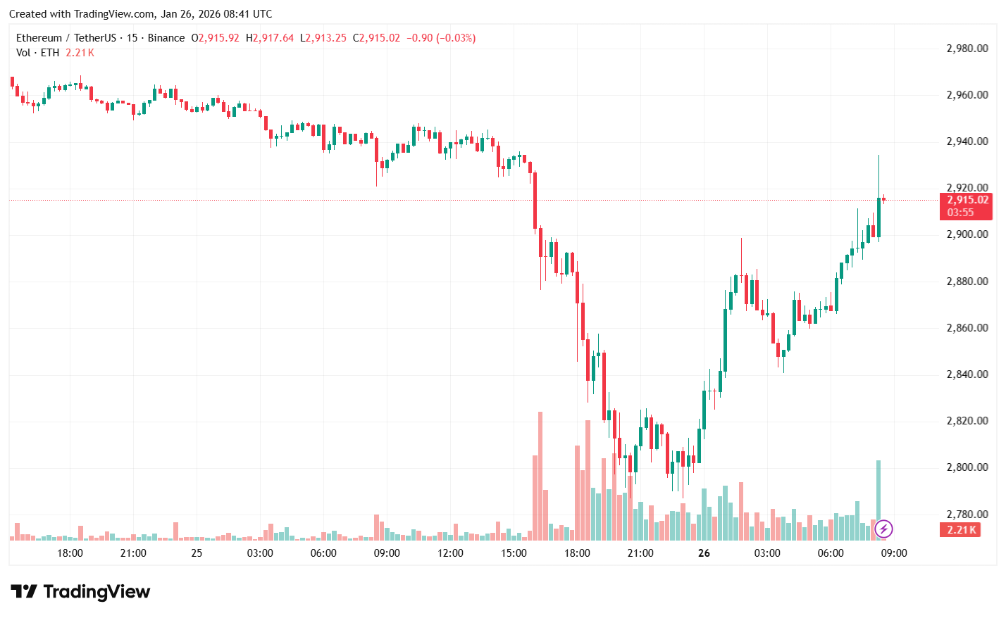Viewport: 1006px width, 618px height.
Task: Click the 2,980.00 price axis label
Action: coord(967,49)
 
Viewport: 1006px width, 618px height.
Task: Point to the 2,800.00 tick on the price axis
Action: coord(967,467)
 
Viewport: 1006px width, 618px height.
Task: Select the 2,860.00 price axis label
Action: coord(967,328)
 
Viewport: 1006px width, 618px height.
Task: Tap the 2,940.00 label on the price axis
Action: coord(967,141)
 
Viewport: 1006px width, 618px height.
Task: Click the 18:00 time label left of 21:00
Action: coord(70,553)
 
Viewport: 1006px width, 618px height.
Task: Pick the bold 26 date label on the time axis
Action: coord(704,553)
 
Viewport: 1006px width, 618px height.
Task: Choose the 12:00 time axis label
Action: coord(450,553)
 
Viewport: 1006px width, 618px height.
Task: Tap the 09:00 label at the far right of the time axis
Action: coord(894,553)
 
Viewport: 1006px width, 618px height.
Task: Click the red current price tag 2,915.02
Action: coord(967,200)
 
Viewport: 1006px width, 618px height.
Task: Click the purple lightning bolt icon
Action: coord(883,529)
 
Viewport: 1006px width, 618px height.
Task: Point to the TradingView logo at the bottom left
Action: coord(80,592)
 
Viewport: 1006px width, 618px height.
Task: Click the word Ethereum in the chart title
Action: coord(39,38)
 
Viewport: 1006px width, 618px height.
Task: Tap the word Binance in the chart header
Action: coord(166,38)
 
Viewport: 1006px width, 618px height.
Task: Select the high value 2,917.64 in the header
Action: coord(273,38)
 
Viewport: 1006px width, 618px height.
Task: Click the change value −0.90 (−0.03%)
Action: coord(440,38)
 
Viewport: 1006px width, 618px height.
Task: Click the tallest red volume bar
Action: coord(540,476)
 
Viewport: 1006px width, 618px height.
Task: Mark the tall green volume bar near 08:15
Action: coord(878,500)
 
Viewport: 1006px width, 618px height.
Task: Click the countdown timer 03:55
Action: coord(960,213)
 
